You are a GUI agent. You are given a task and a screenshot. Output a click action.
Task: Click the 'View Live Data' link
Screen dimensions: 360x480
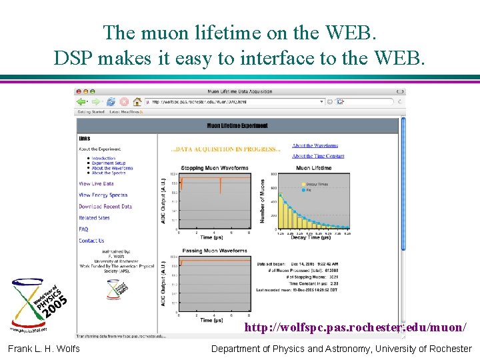coord(96,183)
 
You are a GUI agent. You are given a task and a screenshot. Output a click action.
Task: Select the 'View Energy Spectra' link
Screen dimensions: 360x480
coord(103,195)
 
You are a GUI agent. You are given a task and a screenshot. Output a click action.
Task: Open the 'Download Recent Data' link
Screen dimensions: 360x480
coord(105,207)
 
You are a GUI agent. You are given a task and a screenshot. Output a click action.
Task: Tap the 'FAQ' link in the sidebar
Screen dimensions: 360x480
coord(83,229)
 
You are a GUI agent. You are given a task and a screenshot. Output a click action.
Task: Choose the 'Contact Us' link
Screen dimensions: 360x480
coord(91,241)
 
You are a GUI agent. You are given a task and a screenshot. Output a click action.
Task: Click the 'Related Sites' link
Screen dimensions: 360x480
coord(94,218)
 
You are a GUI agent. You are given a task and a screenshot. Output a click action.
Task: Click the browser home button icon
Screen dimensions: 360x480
coord(137,102)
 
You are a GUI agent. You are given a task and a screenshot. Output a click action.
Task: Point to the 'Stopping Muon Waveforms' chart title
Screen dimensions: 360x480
coord(214,168)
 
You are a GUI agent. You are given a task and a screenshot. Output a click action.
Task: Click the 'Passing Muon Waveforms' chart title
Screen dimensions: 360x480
coord(214,251)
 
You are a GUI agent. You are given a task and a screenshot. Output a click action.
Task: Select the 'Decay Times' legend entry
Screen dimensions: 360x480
coord(315,183)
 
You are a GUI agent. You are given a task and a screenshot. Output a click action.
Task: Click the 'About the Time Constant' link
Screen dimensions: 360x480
coord(318,156)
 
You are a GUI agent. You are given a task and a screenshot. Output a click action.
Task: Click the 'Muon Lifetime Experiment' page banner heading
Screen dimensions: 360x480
coord(237,125)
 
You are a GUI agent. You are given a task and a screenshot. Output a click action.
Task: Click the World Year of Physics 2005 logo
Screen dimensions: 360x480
coord(41,304)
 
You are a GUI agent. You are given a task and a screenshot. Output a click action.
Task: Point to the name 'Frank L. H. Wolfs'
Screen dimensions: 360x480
coord(44,349)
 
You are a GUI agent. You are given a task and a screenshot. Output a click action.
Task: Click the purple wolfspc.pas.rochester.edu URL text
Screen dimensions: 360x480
coord(355,327)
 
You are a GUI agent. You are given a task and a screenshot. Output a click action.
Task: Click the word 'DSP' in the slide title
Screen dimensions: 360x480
coord(75,58)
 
